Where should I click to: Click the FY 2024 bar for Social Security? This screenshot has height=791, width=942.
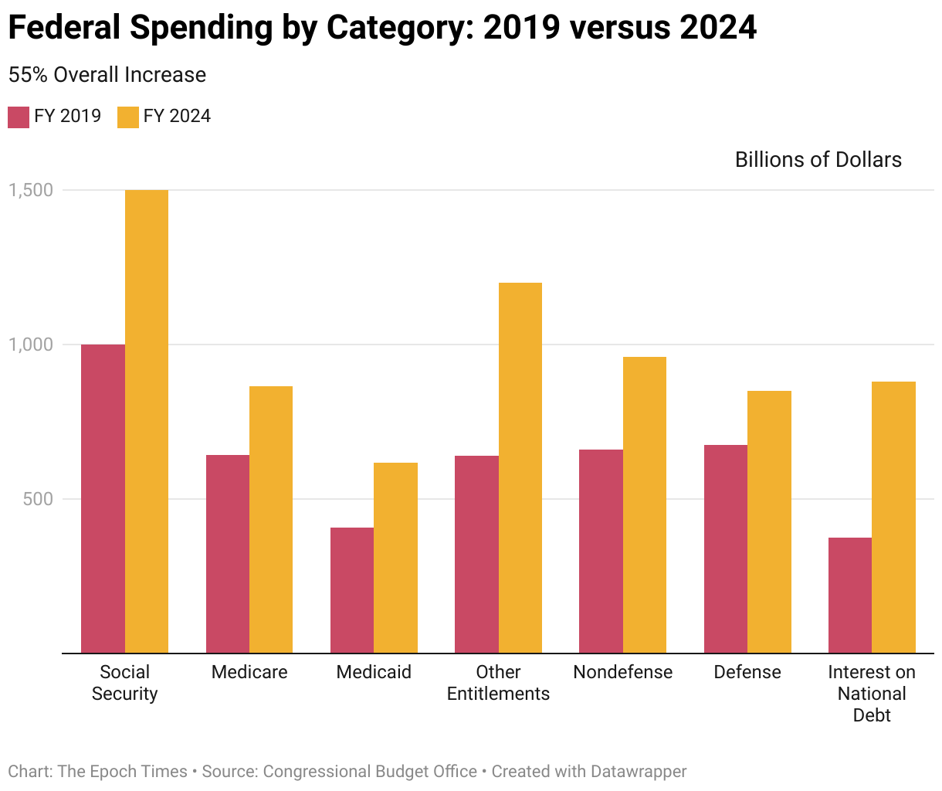click(x=147, y=421)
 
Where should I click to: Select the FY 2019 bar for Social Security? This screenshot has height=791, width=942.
click(x=103, y=498)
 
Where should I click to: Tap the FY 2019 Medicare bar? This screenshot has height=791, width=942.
click(x=228, y=554)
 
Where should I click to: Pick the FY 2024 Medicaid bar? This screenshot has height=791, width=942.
click(x=395, y=558)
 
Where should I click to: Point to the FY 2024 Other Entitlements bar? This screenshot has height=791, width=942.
click(x=520, y=467)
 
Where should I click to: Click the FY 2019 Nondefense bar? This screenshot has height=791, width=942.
click(x=601, y=551)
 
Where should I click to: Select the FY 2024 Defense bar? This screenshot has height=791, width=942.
click(x=769, y=521)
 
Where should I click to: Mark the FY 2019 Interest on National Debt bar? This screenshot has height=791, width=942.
click(x=849, y=595)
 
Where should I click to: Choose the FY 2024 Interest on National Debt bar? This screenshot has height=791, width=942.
click(x=893, y=518)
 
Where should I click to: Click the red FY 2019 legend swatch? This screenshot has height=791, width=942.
click(x=19, y=117)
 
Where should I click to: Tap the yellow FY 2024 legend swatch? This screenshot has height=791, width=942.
click(x=127, y=117)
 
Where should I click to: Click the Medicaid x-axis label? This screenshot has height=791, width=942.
click(x=374, y=672)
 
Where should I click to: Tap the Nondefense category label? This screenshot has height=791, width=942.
click(x=622, y=672)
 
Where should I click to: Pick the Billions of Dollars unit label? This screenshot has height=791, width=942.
click(x=818, y=160)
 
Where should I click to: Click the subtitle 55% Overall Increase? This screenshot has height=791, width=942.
click(x=107, y=75)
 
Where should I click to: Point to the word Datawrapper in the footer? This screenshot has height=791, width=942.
click(x=638, y=772)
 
